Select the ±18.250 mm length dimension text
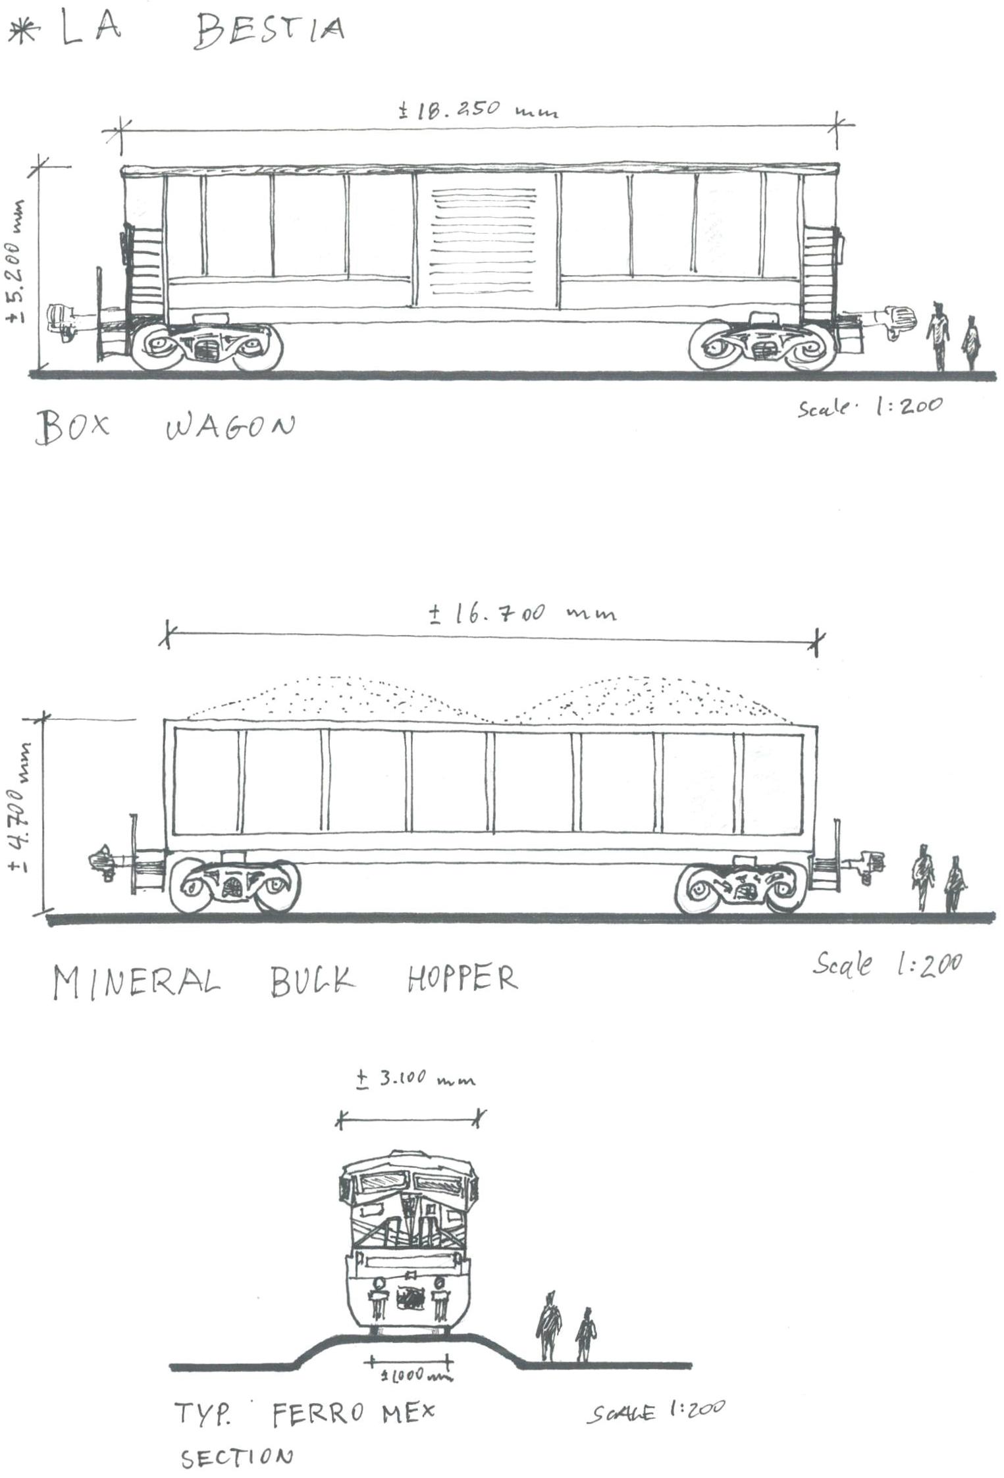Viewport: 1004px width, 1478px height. coord(479,109)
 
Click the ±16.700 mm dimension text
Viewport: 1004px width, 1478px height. coord(523,613)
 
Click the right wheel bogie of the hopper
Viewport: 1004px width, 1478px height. coord(741,888)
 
